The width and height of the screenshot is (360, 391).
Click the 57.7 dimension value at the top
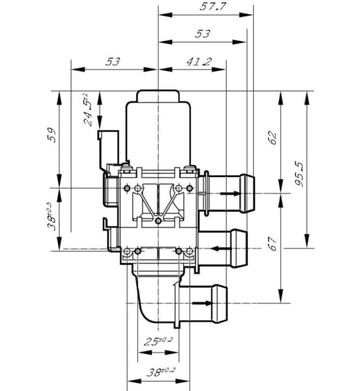point(208,7)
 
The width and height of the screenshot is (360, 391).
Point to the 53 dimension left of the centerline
point(113,62)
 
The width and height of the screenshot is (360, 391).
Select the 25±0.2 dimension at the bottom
point(158,341)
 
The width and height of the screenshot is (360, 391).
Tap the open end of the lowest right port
point(225,302)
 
